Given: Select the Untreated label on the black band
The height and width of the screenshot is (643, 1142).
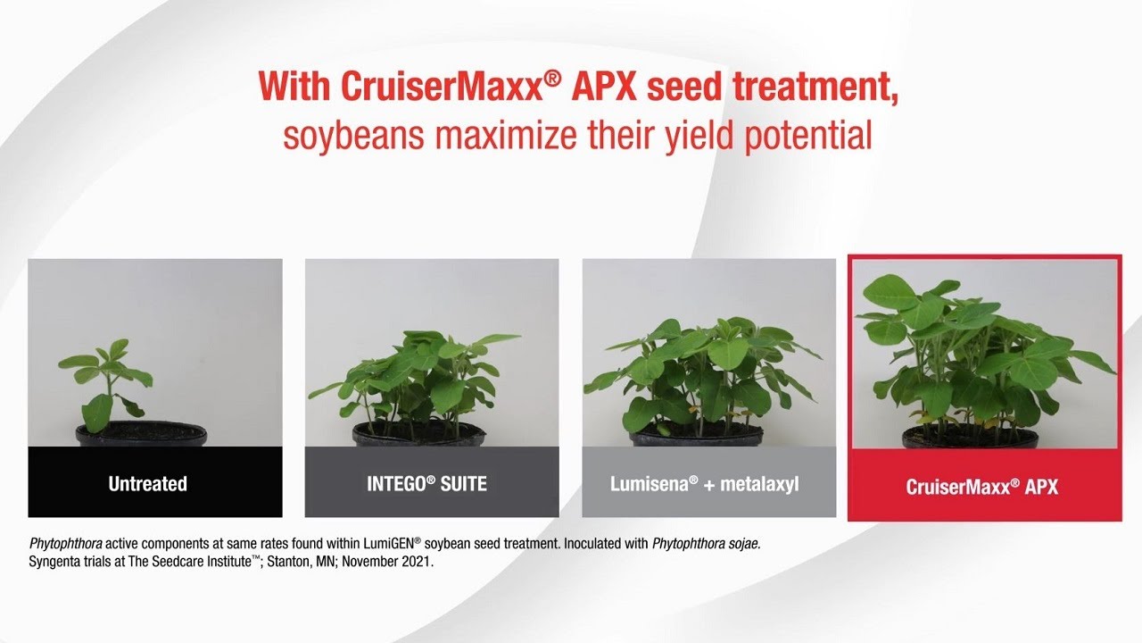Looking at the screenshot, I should click(148, 484).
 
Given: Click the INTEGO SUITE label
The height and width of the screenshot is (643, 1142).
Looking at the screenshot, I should click(426, 484).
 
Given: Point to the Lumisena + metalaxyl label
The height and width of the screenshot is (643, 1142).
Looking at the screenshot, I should click(705, 484).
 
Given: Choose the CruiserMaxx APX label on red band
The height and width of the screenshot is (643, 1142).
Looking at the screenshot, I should click(982, 488).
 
